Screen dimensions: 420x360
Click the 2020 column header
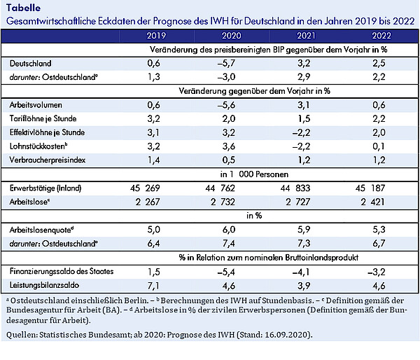coord(232,36)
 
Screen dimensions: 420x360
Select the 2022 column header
coord(381,36)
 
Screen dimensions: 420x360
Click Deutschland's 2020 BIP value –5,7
coord(226,63)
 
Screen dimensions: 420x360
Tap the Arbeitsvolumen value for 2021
coord(304,105)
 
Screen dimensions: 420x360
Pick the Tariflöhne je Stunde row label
coord(43,118)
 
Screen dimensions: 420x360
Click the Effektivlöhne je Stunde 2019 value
coord(154,132)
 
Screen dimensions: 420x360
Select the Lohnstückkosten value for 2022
coord(379,146)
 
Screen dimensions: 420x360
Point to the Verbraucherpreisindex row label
coord(48,160)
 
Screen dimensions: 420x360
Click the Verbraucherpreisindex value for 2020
coord(229,160)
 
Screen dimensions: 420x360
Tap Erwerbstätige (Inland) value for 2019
coord(145,188)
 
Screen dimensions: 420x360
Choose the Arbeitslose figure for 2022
coord(372,202)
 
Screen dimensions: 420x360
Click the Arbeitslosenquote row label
coord(41,230)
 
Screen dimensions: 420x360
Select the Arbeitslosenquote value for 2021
coord(304,230)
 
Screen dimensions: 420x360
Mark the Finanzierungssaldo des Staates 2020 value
coord(226,272)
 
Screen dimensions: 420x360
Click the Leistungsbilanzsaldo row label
coord(44,285)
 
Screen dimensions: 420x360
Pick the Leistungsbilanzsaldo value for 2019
coord(154,286)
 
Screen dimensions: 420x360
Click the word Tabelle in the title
coord(24,8)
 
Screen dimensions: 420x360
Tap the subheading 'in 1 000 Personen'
coord(254,174)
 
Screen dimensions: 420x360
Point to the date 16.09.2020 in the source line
coord(287,335)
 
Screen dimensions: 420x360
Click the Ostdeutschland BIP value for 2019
coord(154,77)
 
